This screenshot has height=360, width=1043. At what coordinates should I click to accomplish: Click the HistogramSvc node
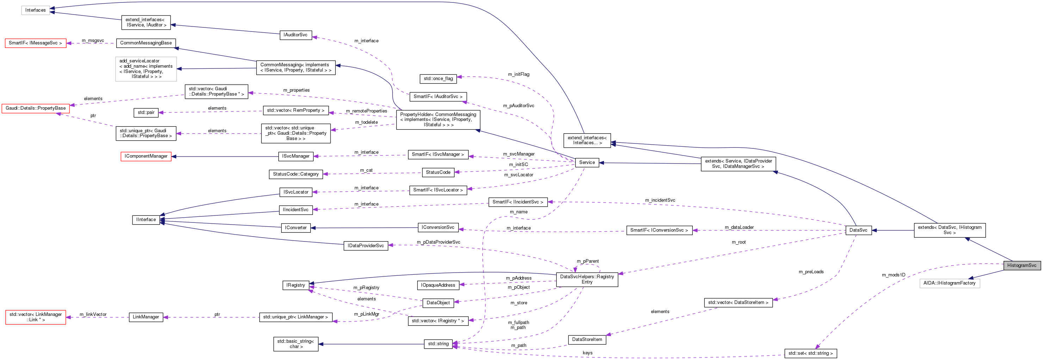click(1021, 266)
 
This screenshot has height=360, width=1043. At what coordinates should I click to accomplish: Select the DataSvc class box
click(858, 230)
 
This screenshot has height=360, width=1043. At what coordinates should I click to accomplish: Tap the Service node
click(587, 163)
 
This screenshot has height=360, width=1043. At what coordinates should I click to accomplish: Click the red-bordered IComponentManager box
click(146, 156)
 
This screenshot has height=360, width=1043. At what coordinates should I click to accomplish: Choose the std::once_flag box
click(438, 79)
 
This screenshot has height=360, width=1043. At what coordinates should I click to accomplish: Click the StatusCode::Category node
click(296, 174)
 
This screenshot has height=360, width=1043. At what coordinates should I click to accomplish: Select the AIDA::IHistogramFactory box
click(949, 283)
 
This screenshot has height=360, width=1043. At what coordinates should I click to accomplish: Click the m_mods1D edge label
click(893, 275)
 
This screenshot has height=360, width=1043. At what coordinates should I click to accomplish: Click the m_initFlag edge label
click(518, 74)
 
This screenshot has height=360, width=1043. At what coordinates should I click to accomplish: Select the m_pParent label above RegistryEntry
click(587, 261)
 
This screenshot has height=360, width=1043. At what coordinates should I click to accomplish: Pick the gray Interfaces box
click(35, 10)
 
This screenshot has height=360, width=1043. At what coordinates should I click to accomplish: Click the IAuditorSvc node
click(295, 35)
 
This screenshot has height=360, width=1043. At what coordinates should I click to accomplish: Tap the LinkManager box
click(146, 317)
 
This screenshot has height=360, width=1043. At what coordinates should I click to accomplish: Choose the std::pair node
click(146, 112)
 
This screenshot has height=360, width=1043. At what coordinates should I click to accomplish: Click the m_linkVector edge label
click(93, 314)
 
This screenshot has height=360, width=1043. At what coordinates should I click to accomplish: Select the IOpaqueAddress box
click(438, 286)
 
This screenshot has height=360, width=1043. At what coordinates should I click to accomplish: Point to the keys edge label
click(587, 353)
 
